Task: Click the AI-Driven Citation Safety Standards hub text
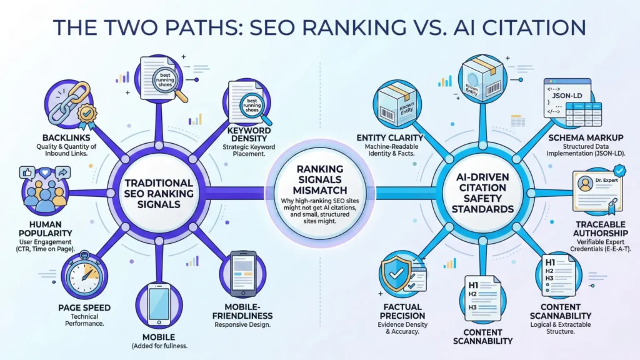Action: point(481,194)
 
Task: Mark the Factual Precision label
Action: point(402,311)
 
